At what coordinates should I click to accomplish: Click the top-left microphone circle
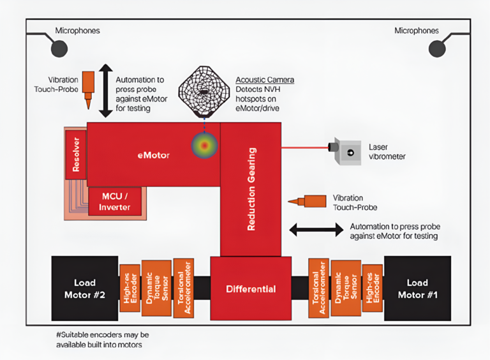click(59, 49)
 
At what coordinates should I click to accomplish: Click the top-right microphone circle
click(437, 49)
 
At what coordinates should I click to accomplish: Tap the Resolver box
click(75, 154)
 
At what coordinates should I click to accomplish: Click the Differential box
click(251, 289)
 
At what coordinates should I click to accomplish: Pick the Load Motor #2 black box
click(84, 289)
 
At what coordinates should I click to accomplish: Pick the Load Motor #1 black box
click(417, 289)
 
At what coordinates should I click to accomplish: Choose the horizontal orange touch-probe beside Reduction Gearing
click(308, 202)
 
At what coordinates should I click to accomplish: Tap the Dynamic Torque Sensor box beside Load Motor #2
click(156, 289)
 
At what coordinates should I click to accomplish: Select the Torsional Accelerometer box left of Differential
click(183, 289)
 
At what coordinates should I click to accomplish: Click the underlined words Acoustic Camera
click(265, 80)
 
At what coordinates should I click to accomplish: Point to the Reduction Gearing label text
click(251, 189)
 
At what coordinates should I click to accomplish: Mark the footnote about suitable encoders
click(103, 340)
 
